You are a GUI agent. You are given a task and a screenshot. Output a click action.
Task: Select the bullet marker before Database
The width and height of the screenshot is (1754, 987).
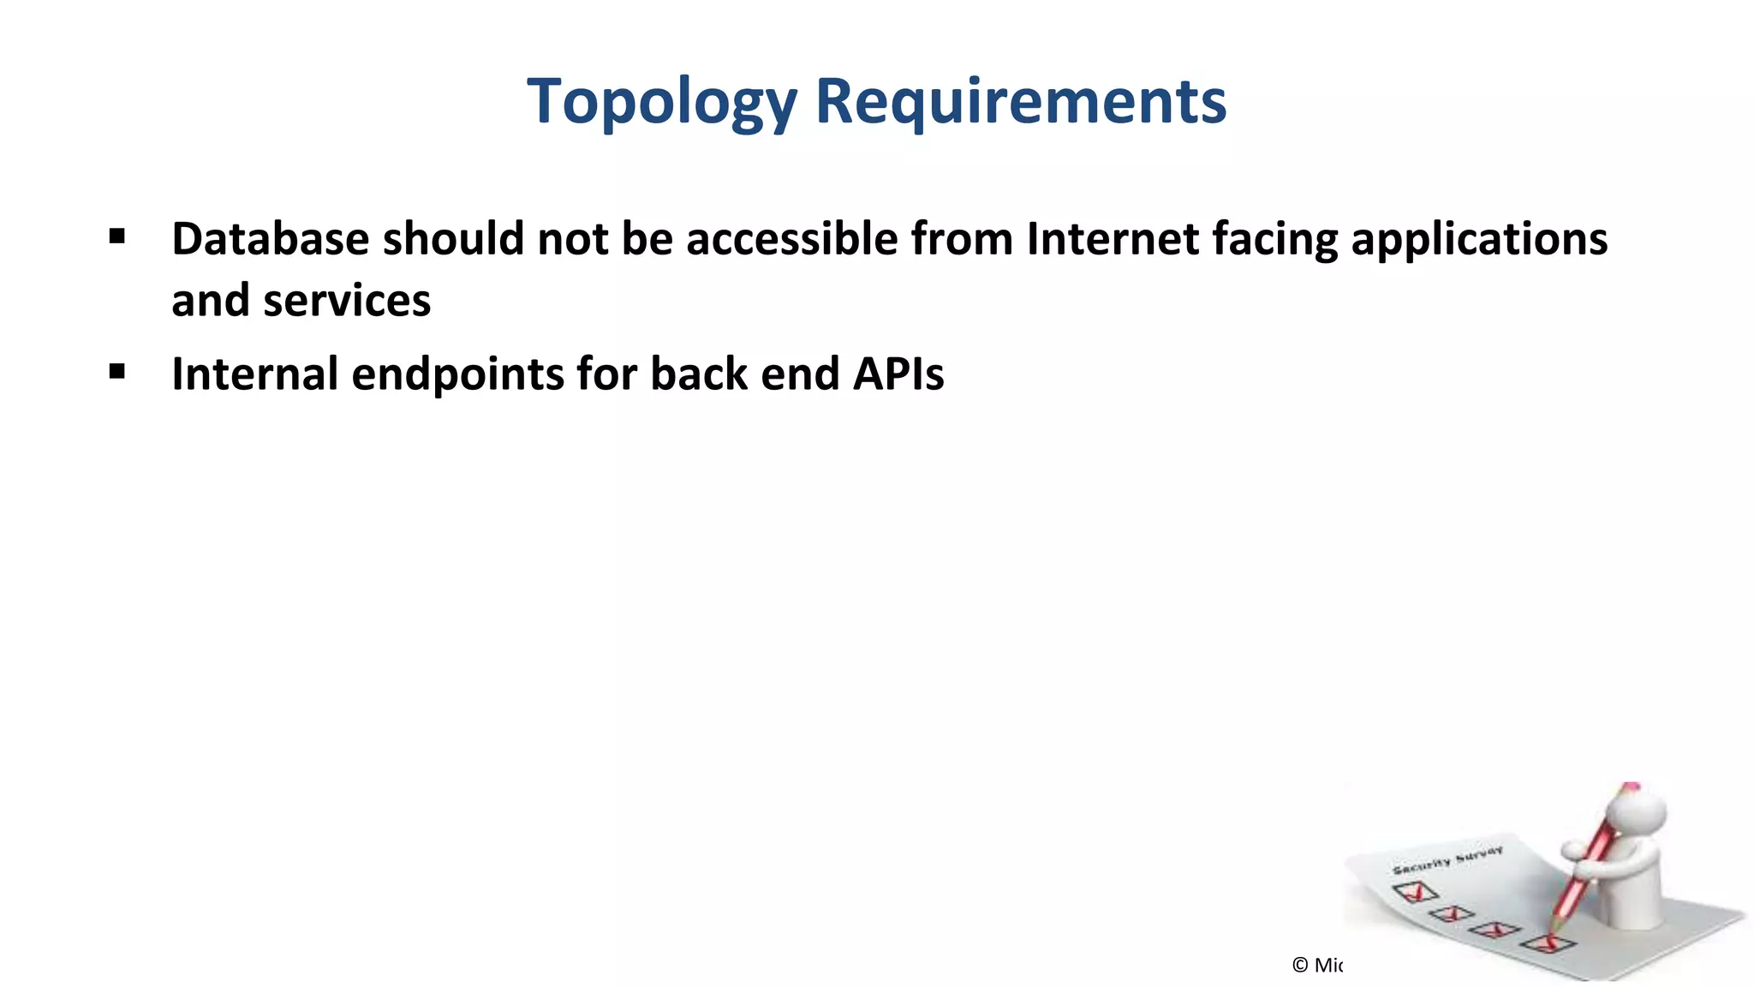click(117, 236)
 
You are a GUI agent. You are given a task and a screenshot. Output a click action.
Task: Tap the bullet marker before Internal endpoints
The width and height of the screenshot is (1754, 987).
click(117, 372)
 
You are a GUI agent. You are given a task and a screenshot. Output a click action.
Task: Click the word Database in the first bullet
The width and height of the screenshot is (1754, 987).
click(270, 238)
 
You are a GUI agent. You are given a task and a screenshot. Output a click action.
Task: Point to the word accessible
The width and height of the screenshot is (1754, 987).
click(791, 238)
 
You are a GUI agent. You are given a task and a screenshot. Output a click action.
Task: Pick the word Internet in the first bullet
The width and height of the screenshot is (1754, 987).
click(1113, 238)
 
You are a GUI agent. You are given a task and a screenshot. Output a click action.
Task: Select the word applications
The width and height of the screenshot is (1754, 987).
click(1479, 240)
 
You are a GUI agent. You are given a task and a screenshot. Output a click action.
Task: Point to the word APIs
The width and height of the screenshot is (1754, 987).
click(898, 374)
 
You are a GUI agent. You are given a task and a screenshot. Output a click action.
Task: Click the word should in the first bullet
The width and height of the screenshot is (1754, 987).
click(453, 238)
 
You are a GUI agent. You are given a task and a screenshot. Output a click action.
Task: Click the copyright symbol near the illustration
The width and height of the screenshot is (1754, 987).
click(1300, 966)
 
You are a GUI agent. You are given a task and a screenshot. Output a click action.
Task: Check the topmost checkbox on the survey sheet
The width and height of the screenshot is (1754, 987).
click(1416, 892)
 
